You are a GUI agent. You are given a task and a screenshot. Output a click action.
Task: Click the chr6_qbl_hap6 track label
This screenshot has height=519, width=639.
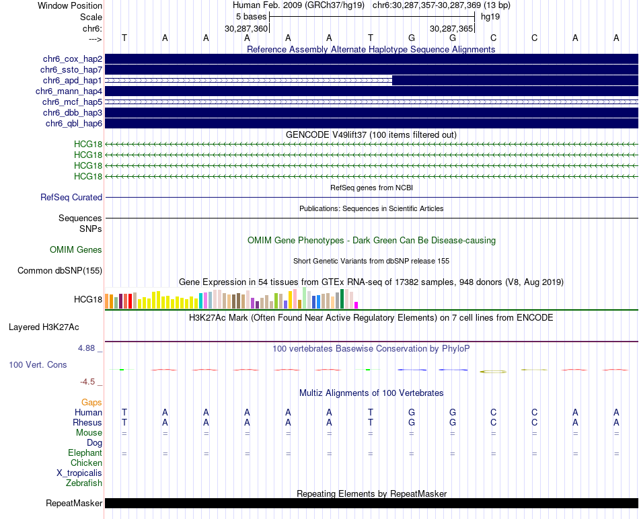click(74, 124)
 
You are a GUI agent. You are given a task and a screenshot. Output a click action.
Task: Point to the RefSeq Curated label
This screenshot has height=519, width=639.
click(71, 198)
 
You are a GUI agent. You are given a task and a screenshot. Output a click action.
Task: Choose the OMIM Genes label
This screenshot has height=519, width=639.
click(76, 250)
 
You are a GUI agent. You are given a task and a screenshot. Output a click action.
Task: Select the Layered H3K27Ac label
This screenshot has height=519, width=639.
click(44, 328)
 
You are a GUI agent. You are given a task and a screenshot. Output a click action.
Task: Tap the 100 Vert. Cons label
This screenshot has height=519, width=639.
click(38, 365)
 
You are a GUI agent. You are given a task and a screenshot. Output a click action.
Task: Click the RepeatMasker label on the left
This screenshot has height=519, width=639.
click(74, 504)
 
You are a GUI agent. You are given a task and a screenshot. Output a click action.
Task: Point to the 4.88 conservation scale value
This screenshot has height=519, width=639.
click(87, 348)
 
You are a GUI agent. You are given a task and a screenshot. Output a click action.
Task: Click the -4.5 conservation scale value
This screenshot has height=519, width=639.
click(89, 382)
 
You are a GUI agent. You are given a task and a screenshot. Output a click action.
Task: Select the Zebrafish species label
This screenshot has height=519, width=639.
click(84, 483)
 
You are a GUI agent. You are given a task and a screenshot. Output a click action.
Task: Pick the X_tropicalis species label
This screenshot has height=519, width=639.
click(79, 473)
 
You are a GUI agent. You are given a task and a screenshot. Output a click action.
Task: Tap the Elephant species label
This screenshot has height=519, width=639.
click(85, 453)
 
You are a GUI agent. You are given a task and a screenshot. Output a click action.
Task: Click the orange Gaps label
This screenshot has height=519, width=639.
click(91, 403)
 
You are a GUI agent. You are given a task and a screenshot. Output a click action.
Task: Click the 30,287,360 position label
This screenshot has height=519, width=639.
click(246, 29)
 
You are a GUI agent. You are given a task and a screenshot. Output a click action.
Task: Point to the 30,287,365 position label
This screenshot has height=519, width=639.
click(451, 29)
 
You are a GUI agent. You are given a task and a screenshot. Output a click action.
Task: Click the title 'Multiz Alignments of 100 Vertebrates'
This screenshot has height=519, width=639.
click(371, 393)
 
